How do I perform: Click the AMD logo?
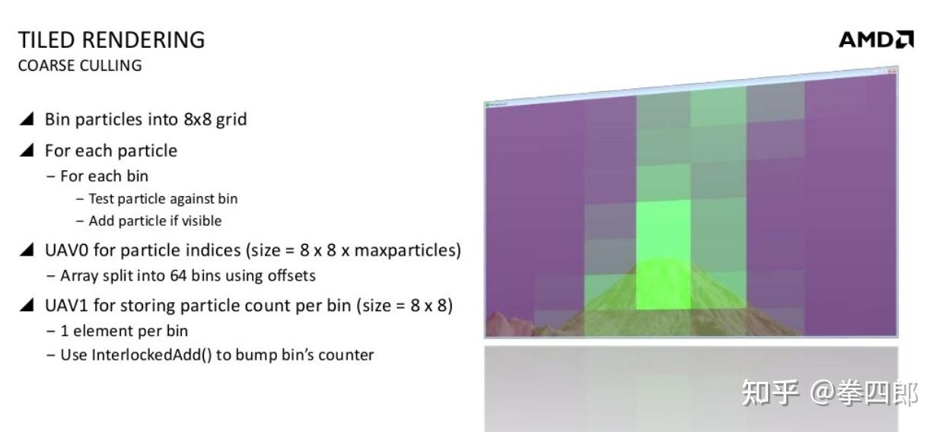[876, 40]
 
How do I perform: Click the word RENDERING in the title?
[143, 40]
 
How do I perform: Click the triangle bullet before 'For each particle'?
[27, 150]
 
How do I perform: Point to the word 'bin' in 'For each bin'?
[137, 176]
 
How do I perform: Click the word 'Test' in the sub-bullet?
[101, 199]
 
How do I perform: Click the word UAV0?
[66, 250]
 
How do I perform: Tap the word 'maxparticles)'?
[408, 250]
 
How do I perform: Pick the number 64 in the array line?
[178, 276]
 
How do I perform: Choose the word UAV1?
[66, 306]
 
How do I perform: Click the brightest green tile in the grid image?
[663, 255]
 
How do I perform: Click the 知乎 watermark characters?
[770, 393]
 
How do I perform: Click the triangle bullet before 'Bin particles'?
[27, 119]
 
